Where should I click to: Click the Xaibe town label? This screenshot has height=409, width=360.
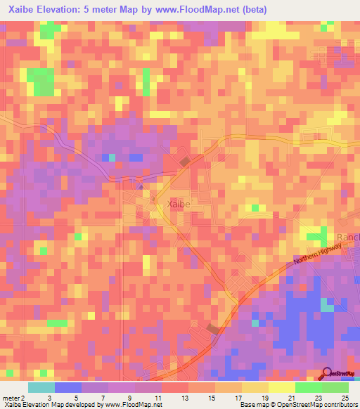178,204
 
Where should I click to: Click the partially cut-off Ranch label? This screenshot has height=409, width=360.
348,238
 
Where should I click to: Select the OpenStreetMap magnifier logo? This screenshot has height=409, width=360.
328,374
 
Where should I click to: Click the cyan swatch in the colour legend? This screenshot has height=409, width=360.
41,387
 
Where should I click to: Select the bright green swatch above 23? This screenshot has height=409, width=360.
308,387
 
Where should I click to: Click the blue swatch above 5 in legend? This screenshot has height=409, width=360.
67,387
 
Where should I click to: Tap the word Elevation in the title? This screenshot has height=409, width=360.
65,10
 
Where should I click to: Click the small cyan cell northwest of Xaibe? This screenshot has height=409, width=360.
110,157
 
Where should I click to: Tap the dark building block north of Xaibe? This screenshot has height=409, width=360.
184,162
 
